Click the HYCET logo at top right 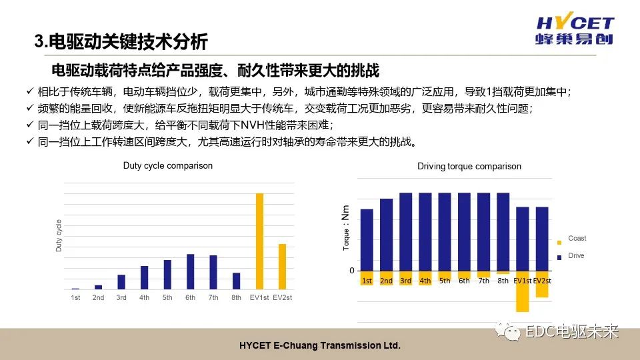click(574, 30)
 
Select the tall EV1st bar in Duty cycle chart click(260, 241)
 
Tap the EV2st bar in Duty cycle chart click(282, 266)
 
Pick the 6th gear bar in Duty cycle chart click(191, 271)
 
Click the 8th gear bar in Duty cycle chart click(236, 281)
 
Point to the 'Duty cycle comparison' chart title click(168, 165)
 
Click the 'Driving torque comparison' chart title click(469, 166)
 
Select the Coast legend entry click(576, 239)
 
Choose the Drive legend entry click(575, 256)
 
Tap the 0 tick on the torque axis click(351, 271)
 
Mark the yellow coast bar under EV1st click(522, 292)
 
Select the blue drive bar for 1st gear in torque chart click(367, 240)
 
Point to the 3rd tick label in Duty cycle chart click(121, 297)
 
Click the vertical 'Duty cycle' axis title click(58, 235)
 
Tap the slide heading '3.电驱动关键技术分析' click(121, 43)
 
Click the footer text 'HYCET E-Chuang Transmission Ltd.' click(320, 347)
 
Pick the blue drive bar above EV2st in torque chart click(542, 239)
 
